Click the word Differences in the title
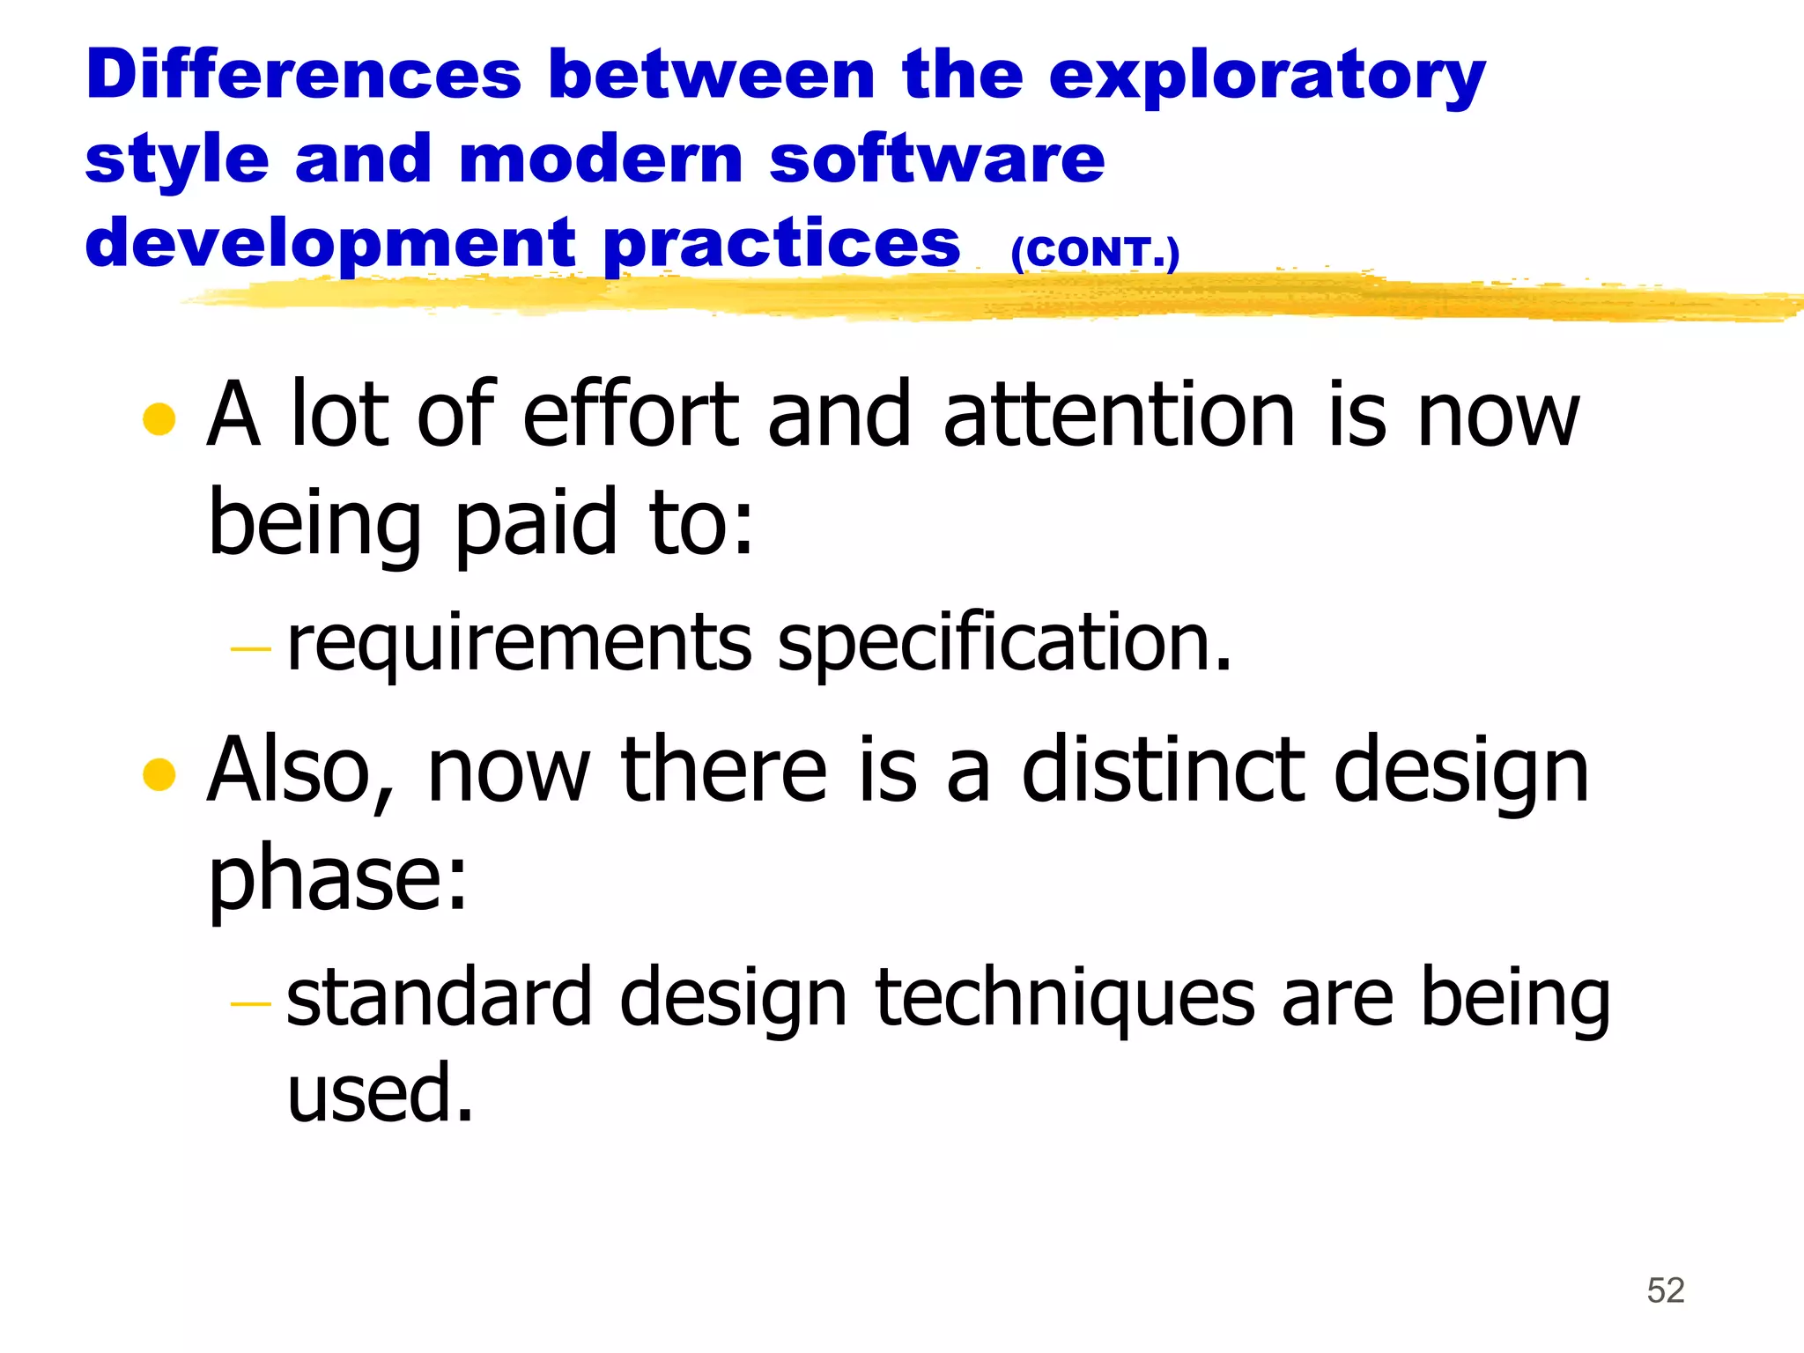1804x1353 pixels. click(x=304, y=75)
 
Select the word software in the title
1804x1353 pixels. click(x=936, y=159)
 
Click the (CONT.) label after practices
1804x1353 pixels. click(x=1095, y=253)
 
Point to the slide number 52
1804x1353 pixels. click(x=1665, y=1290)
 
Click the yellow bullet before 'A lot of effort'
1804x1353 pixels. click(x=159, y=419)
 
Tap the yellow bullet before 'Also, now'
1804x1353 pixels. click(x=159, y=774)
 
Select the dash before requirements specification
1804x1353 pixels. click(x=250, y=649)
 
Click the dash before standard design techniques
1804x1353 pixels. click(x=250, y=1003)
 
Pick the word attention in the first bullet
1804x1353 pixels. click(x=1119, y=414)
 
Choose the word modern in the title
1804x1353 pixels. click(x=602, y=159)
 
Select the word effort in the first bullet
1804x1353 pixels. click(x=631, y=414)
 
